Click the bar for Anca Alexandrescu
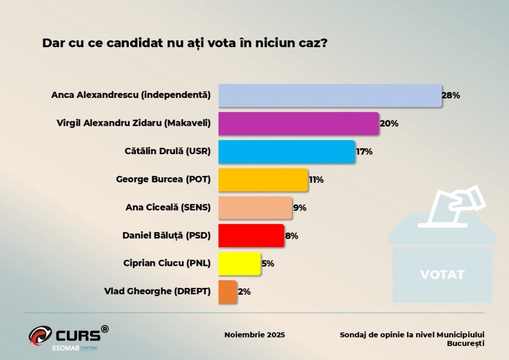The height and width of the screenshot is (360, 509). (330, 95)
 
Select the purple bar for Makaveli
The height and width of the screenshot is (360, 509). (299, 123)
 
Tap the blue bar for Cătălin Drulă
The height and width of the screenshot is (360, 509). (287, 152)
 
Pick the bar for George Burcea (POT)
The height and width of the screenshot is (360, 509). (263, 180)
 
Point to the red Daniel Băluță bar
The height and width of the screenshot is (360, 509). (251, 236)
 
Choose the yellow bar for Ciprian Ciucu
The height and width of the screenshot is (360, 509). (239, 264)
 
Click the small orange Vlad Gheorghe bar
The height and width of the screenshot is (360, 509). (228, 292)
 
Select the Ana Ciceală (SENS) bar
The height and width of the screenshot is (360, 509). (255, 208)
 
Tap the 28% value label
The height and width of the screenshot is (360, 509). (450, 95)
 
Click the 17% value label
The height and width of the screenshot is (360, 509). (364, 152)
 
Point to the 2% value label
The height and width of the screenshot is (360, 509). (244, 292)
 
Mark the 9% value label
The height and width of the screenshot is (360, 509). (299, 208)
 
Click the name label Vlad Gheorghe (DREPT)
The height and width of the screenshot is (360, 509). (158, 292)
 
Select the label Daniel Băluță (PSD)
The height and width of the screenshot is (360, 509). (167, 236)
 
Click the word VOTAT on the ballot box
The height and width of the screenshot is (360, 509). (442, 274)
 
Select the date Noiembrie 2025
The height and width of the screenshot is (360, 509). (254, 335)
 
